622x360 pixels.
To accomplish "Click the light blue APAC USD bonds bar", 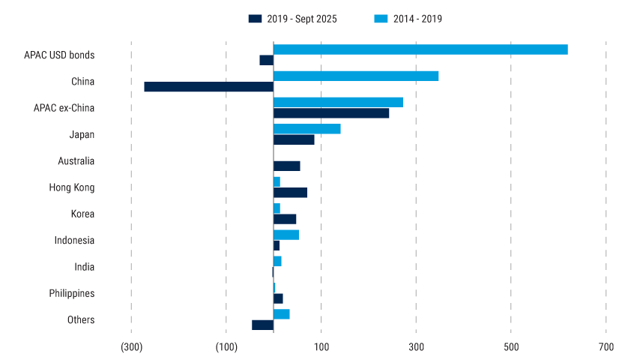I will [420, 49].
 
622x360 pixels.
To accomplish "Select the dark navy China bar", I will [209, 87].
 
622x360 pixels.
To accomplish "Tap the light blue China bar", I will [356, 76].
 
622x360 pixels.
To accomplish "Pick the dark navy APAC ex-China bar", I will [331, 113].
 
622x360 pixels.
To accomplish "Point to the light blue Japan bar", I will [307, 129].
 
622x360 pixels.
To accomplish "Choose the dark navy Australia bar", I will [287, 166].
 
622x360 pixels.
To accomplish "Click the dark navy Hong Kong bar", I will [291, 193].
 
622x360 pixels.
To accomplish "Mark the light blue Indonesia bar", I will [286, 235].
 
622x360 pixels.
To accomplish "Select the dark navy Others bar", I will [263, 325].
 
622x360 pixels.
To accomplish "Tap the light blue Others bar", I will [282, 313].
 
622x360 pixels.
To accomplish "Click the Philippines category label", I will [71, 293].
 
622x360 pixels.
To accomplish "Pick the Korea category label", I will [82, 214].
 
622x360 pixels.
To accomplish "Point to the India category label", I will [85, 267].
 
